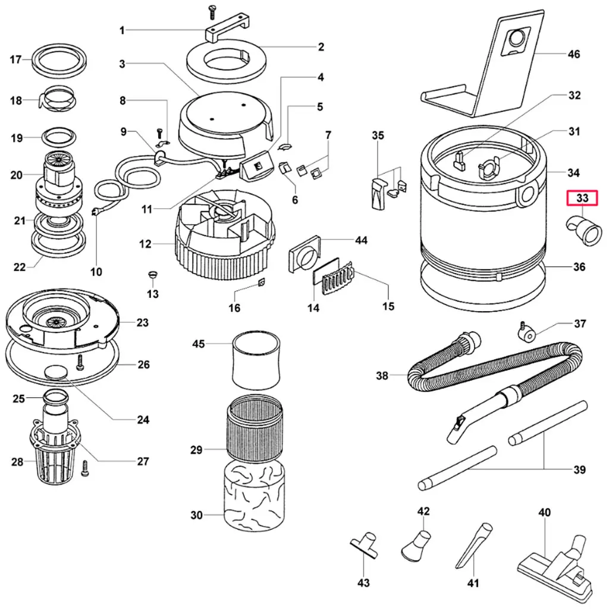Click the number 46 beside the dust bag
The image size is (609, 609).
pyautogui.click(x=573, y=54)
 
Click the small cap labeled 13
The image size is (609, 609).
pyautogui.click(x=152, y=274)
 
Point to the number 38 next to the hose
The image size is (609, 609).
pyautogui.click(x=382, y=375)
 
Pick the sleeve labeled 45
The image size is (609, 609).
pyautogui.click(x=256, y=360)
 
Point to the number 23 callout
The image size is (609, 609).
pyautogui.click(x=142, y=323)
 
